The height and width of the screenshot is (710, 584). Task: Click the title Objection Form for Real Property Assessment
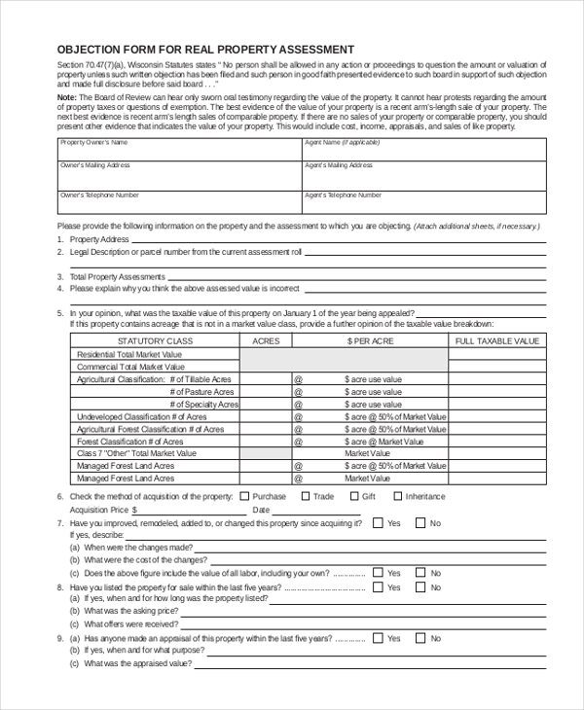pyautogui.click(x=205, y=49)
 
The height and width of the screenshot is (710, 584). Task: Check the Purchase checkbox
pyautogui.click(x=243, y=496)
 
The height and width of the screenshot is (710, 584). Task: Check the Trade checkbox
pyautogui.click(x=304, y=496)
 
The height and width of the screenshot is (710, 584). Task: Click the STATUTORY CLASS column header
pyautogui.click(x=155, y=341)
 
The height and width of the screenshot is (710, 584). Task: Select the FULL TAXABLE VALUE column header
pyautogui.click(x=496, y=341)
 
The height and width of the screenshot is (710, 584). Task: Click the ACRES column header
pyautogui.click(x=266, y=341)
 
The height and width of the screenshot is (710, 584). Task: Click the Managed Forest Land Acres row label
pyautogui.click(x=126, y=478)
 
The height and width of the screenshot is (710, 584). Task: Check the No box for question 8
pyautogui.click(x=421, y=587)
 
